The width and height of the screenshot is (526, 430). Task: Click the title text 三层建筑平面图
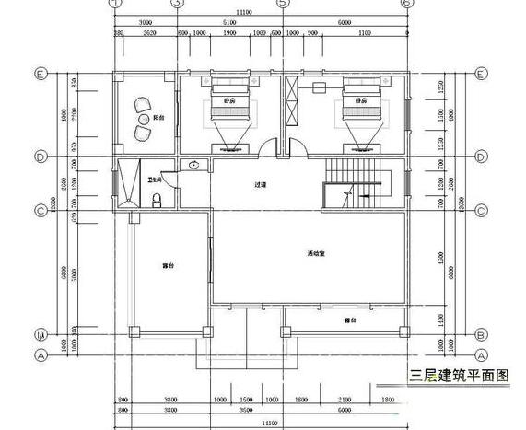(x=459, y=376)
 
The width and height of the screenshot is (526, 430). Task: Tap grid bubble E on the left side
(x=41, y=74)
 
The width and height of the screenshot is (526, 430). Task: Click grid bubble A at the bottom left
(x=41, y=354)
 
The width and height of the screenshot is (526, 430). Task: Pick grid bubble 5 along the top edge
(x=283, y=4)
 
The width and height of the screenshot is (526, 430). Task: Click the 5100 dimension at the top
(x=230, y=22)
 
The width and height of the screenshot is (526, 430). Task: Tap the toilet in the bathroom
(x=158, y=199)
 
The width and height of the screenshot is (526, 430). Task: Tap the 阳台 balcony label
(x=158, y=118)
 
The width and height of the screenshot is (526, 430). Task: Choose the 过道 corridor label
(x=261, y=185)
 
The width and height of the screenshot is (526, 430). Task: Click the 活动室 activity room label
(x=315, y=253)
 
